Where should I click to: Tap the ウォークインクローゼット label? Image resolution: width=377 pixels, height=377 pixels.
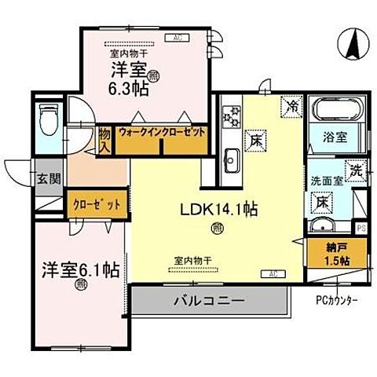click(x=162, y=134)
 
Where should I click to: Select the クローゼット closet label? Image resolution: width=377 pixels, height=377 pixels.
click(x=97, y=203)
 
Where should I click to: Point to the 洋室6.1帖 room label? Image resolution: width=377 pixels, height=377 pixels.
click(x=80, y=269)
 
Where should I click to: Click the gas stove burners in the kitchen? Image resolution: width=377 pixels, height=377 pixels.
click(x=232, y=116)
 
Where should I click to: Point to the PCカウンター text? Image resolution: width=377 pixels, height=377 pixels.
click(x=338, y=300)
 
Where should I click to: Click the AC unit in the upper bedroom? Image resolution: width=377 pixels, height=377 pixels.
click(x=176, y=38)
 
